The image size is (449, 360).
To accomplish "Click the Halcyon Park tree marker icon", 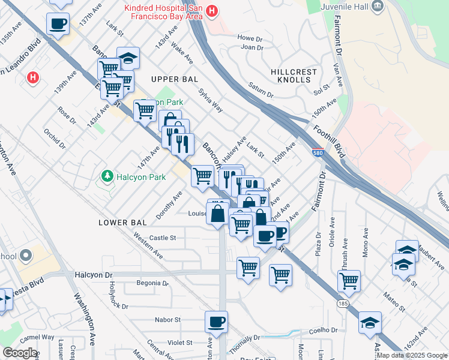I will (107, 176).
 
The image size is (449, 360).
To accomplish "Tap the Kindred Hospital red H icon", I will (211, 10).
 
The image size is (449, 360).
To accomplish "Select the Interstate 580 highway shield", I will (318, 154).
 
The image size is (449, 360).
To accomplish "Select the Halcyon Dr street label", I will (94, 275).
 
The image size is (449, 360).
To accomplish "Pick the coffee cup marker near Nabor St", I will (216, 322).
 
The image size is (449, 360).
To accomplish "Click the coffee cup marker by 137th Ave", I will (58, 23).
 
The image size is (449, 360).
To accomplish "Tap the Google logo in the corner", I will (19, 353).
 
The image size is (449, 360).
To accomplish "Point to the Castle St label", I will (163, 238).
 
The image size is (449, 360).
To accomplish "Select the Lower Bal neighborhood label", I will (122, 223).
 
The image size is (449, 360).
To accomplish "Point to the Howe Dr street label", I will (250, 38).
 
